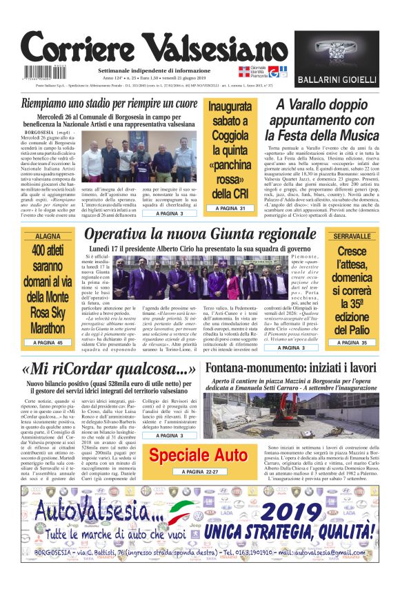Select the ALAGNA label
(x=48, y=236)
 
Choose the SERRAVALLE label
(x=352, y=236)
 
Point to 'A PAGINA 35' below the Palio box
(x=352, y=343)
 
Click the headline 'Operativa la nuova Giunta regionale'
(x=200, y=235)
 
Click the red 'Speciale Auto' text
(x=198, y=455)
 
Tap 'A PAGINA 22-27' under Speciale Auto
(x=198, y=472)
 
